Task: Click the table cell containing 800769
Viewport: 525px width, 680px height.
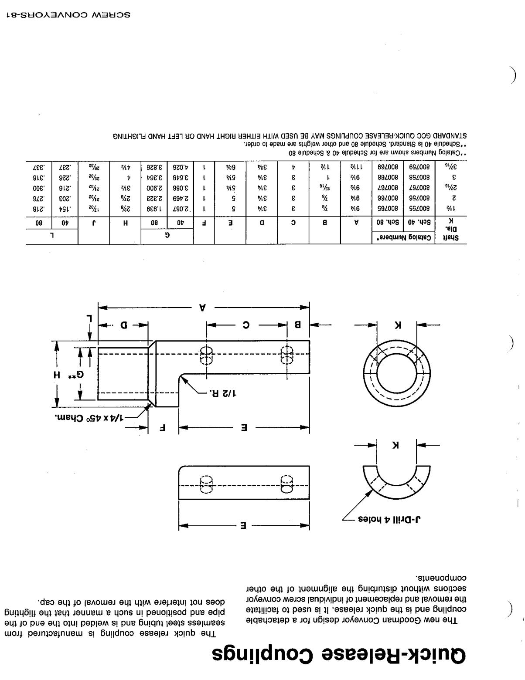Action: [389, 166]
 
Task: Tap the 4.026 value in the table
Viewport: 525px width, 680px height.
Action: [180, 166]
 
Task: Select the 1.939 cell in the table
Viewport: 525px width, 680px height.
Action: [154, 208]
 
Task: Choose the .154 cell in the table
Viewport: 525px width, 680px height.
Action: [65, 208]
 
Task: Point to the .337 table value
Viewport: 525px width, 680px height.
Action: [38, 166]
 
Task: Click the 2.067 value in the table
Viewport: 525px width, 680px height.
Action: [180, 208]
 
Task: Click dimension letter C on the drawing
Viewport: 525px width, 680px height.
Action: [246, 325]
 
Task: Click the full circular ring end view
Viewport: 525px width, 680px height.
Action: [397, 374]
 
